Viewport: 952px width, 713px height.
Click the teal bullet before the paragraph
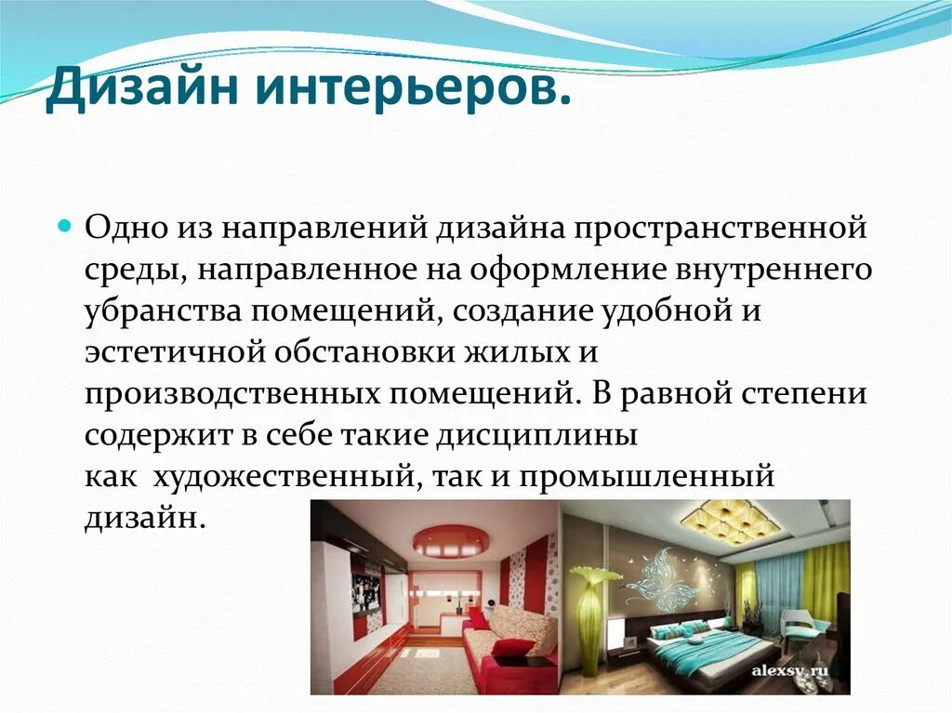pos(65,227)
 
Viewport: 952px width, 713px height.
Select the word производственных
pos(231,394)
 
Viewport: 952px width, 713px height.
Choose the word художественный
pos(283,476)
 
